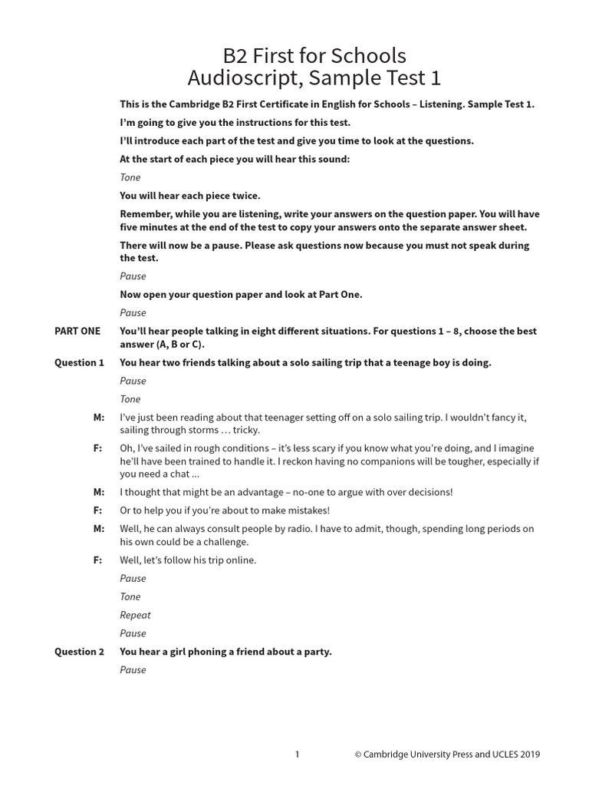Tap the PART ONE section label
[77, 332]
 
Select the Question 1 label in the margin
[79, 363]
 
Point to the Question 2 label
[79, 652]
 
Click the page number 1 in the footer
[298, 755]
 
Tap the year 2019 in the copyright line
[528, 755]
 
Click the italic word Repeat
[135, 615]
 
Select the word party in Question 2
[316, 652]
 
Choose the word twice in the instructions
[244, 196]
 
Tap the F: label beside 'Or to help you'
[97, 510]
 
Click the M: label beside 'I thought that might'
[98, 493]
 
